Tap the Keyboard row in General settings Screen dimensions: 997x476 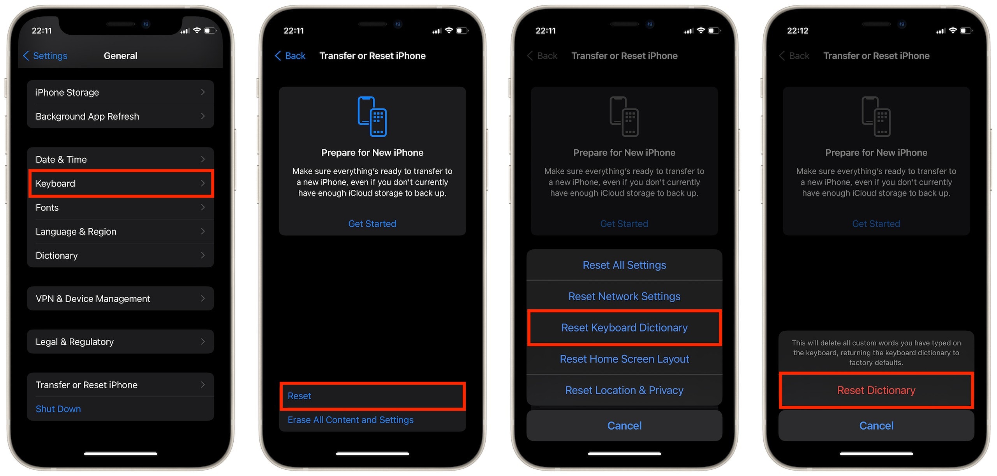[x=120, y=183]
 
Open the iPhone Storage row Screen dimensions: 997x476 [x=120, y=92]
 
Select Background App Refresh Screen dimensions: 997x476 [x=120, y=116]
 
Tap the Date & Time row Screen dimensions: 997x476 [x=120, y=159]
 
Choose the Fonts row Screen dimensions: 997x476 [x=120, y=208]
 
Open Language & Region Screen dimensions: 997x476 [x=120, y=231]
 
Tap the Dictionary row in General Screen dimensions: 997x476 [x=120, y=256]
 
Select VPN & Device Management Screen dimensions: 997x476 [x=120, y=299]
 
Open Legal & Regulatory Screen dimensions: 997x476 [x=120, y=342]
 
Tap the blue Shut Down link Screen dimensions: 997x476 [x=58, y=409]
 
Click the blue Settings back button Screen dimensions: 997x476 [x=45, y=56]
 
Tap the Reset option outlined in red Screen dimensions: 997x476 [x=372, y=396]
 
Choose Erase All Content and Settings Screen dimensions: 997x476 [x=351, y=420]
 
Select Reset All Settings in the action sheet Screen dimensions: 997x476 [x=624, y=265]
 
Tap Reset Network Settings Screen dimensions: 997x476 [x=624, y=296]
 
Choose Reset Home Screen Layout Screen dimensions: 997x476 [x=624, y=359]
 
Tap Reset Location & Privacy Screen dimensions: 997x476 [x=624, y=390]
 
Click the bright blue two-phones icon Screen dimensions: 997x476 [x=372, y=116]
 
